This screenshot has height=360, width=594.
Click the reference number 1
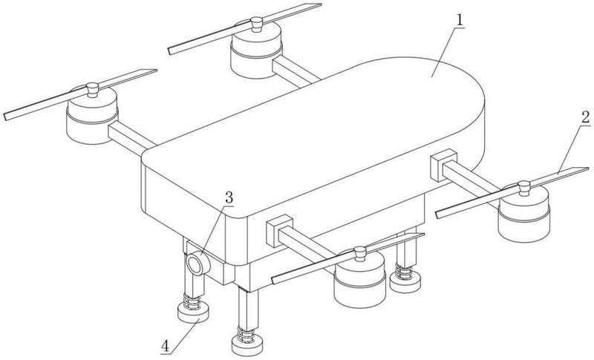click(x=460, y=20)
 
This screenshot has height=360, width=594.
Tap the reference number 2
click(x=585, y=117)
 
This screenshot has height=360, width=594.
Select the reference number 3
click(x=229, y=197)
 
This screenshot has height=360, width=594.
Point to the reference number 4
click(x=165, y=346)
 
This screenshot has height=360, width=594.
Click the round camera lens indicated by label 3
click(x=196, y=264)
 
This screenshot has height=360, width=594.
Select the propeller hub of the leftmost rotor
click(x=92, y=90)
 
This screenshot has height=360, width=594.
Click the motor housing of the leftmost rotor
click(x=92, y=117)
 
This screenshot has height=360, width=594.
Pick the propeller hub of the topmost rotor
click(x=256, y=24)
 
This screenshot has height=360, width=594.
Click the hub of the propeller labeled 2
click(x=524, y=188)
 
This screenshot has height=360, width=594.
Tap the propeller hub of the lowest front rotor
click(x=359, y=254)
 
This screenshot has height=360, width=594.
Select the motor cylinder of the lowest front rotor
click(x=359, y=280)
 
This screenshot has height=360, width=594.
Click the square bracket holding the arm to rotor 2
click(x=443, y=165)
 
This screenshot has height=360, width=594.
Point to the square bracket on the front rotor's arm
click(x=280, y=231)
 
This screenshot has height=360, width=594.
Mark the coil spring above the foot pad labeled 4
click(x=192, y=301)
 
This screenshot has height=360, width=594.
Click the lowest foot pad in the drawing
click(x=247, y=344)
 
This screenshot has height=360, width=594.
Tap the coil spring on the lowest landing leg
click(x=247, y=335)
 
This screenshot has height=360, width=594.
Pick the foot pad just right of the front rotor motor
click(x=405, y=283)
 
